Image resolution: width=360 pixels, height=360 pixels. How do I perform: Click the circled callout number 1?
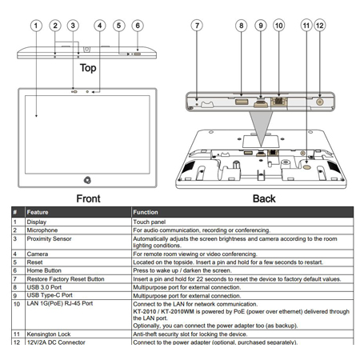point(36,26)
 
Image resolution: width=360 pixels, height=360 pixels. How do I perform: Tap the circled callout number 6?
point(138,26)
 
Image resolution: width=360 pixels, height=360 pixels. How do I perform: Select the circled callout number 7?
point(197,26)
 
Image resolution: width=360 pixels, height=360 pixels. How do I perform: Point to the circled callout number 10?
point(279,26)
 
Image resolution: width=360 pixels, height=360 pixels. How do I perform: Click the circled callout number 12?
point(320,26)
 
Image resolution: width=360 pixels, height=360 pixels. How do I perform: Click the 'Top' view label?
point(88,68)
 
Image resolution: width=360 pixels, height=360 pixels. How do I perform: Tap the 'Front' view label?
point(88,198)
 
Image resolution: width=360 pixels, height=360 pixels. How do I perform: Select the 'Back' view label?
point(264,198)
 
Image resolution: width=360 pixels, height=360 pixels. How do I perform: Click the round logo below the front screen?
point(87,180)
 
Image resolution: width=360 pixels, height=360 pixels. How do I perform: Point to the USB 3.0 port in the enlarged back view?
point(242,102)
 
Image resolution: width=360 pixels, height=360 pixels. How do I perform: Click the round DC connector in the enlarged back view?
point(319,102)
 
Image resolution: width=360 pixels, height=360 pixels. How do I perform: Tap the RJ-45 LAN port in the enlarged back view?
point(278,102)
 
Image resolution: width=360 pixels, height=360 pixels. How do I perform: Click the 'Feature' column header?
point(38,212)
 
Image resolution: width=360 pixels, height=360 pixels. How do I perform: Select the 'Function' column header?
point(146,212)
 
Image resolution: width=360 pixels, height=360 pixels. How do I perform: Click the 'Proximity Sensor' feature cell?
point(49,238)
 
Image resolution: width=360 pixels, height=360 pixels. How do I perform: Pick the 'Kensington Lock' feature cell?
point(49,334)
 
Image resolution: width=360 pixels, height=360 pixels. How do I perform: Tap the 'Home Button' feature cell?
point(44,270)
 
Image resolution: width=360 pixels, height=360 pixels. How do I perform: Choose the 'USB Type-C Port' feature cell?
point(50,295)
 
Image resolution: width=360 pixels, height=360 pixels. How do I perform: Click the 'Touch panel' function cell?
point(150,222)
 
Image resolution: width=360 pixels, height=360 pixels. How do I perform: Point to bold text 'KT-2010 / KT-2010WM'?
point(164,311)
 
